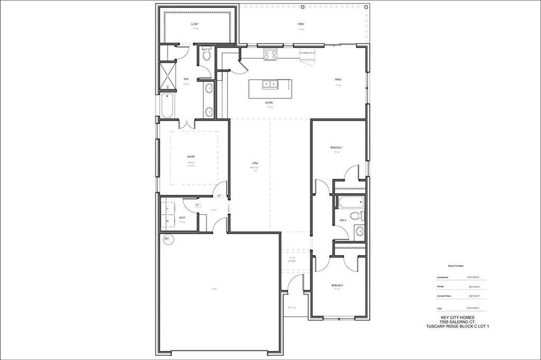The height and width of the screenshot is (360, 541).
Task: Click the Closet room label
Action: point(195,24)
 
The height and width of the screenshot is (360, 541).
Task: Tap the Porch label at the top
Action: point(301,24)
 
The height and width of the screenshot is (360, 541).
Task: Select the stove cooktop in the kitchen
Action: point(270,54)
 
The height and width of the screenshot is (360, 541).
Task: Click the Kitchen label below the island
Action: point(270,103)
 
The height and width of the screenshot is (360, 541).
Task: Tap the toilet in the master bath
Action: point(207,56)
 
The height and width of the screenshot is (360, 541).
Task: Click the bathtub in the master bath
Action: point(166,106)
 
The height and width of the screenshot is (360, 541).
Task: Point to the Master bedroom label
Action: point(191,157)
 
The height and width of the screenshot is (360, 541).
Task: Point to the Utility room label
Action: point(183,218)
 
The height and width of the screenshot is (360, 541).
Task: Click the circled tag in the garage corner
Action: point(168,239)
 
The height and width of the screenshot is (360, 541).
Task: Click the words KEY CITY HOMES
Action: point(458,317)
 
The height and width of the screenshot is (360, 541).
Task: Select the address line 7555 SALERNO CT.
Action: point(458,322)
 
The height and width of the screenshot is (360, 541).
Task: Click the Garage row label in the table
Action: point(442,287)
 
